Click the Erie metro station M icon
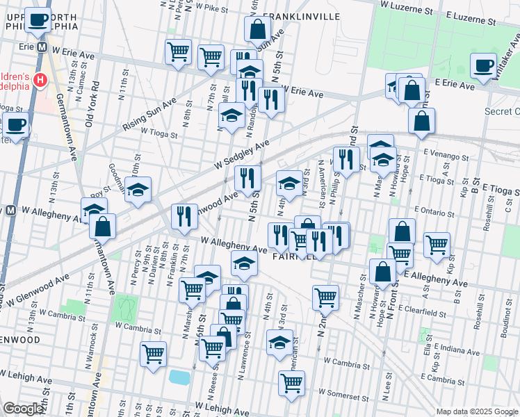click(x=42, y=48)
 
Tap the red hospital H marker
click(x=40, y=81)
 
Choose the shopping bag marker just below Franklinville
click(x=257, y=29)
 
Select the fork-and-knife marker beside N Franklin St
click(x=184, y=216)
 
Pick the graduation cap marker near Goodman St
click(x=138, y=190)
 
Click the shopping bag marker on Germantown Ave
click(x=102, y=226)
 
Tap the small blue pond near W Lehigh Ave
click(x=180, y=377)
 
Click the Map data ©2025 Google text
click(x=477, y=411)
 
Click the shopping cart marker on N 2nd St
click(x=325, y=297)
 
